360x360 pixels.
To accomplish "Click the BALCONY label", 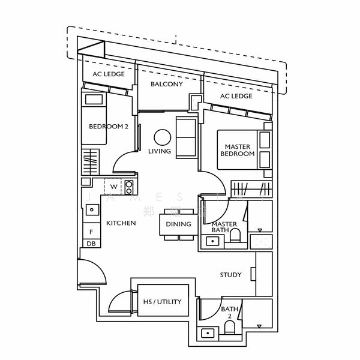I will click(x=167, y=84).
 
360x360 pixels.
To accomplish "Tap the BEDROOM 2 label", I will click(x=109, y=127).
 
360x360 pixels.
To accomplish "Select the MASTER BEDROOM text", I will click(x=238, y=150).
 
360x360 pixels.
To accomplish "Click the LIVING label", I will click(x=160, y=151).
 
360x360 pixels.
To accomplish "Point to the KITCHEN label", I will click(x=121, y=223).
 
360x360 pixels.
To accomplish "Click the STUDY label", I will click(x=231, y=275).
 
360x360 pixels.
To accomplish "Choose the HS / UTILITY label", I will click(x=162, y=302).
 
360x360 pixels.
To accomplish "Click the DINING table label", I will click(x=178, y=224).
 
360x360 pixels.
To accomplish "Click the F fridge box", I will click(x=91, y=232).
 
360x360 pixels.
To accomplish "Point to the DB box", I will click(x=91, y=244).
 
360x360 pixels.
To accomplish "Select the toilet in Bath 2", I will click(x=229, y=328).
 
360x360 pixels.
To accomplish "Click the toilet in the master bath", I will click(x=235, y=235).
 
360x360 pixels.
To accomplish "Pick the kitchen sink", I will click(x=92, y=210).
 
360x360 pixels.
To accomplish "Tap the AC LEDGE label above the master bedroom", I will click(x=236, y=96).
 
